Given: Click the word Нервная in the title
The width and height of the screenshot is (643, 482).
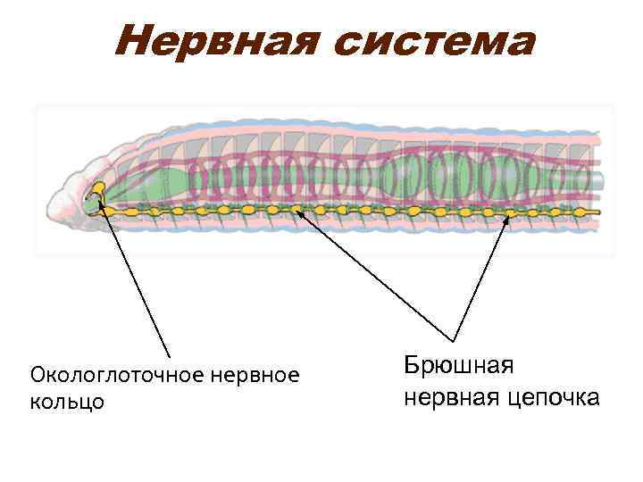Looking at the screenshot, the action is pos(213,42).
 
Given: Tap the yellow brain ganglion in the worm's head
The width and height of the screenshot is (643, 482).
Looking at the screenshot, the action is pos(97,189).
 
